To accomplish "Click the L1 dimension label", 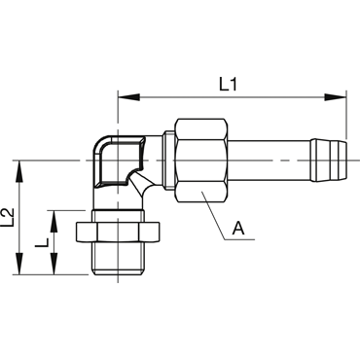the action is click(x=229, y=85).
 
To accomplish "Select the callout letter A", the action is click(x=238, y=229).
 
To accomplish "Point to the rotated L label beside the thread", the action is click(x=42, y=242).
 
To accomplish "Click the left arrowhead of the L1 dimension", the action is click(x=128, y=97).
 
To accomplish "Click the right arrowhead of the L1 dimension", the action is click(x=336, y=97).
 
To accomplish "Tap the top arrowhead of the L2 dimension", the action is click(x=20, y=171).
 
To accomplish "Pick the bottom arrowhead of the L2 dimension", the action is click(x=20, y=264).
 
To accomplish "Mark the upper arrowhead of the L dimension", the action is click(x=54, y=222).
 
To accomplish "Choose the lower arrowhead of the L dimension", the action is click(x=54, y=264).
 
